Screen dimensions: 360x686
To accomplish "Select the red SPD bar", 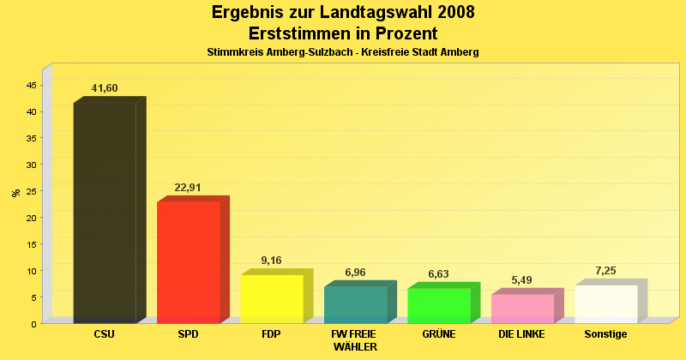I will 188,261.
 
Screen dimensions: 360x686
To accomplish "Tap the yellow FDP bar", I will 271,298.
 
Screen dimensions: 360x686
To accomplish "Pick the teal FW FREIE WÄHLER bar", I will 355,304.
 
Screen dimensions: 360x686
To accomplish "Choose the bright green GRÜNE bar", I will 438,305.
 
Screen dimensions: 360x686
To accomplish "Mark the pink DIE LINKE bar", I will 522,309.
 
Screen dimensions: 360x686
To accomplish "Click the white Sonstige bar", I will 605,303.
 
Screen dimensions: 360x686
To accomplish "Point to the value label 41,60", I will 105,88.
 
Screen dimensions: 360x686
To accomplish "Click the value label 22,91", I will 188,188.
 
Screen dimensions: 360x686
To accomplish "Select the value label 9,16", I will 271,261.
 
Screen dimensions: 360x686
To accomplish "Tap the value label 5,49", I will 522,280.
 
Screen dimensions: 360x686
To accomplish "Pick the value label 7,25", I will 605,271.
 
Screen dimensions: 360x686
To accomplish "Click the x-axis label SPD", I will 188,333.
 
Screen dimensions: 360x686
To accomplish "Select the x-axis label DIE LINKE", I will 522,333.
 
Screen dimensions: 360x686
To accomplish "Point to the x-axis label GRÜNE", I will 438,333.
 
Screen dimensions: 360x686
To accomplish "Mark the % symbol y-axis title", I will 15,193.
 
